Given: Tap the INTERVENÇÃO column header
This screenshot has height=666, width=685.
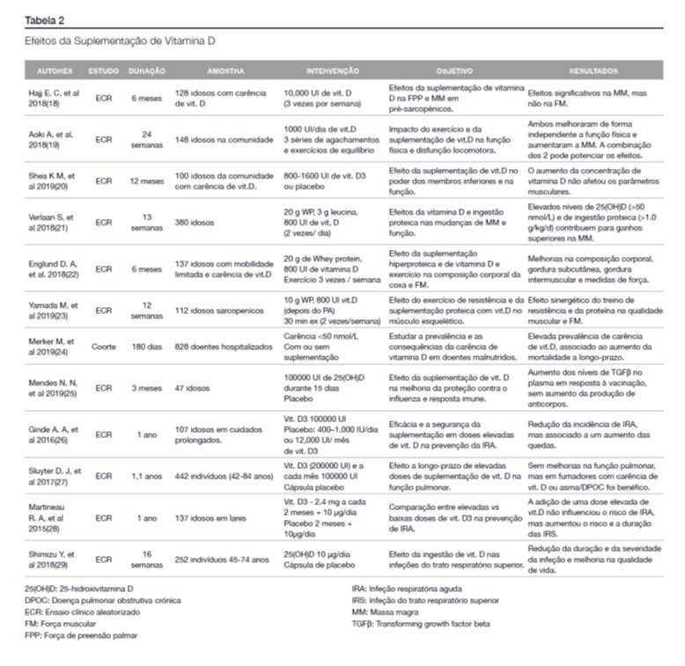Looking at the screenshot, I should (x=332, y=70).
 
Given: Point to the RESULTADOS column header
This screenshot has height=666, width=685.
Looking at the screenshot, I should (x=593, y=70).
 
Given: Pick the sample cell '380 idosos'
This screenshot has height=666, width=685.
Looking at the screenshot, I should (x=195, y=223).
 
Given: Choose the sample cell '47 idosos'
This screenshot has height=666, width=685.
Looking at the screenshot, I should (x=193, y=386).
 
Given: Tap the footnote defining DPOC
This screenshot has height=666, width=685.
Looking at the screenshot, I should (x=103, y=600).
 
